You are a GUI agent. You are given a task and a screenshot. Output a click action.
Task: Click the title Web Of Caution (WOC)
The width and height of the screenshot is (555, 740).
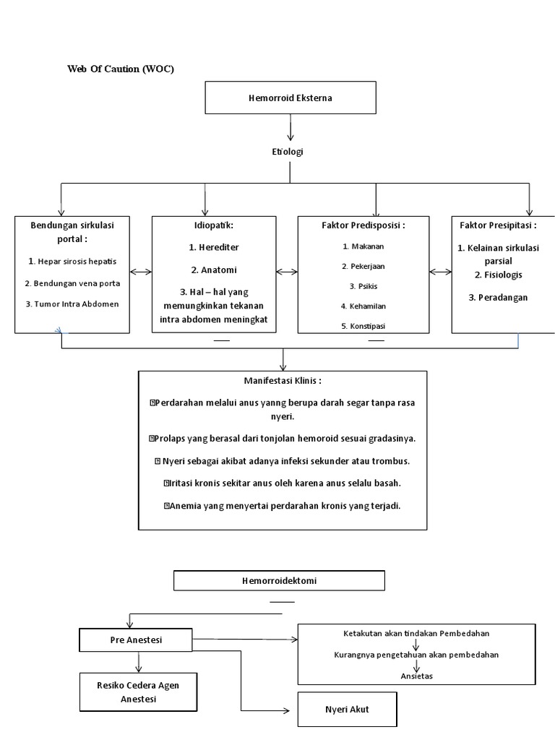(x=121, y=69)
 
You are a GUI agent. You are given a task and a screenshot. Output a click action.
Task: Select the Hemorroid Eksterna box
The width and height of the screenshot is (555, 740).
(x=291, y=98)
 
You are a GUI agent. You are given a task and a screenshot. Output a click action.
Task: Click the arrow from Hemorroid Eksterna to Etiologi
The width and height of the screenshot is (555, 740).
(x=291, y=127)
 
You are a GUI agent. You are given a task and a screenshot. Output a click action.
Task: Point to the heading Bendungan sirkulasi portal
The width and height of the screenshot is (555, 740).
(x=72, y=231)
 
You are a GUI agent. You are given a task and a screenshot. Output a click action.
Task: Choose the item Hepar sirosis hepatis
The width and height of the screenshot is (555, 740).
(x=72, y=261)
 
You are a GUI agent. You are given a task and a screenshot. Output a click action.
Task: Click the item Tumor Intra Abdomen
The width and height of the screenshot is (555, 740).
(x=72, y=304)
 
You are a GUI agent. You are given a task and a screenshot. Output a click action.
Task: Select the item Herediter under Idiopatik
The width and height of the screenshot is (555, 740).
(x=214, y=247)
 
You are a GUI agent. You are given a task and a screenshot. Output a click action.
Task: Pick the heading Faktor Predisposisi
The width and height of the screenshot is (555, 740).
(x=363, y=225)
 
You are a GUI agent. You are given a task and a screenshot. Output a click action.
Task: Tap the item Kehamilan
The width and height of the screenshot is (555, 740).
(x=363, y=306)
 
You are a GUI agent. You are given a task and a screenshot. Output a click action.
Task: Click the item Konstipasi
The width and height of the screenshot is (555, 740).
(x=363, y=326)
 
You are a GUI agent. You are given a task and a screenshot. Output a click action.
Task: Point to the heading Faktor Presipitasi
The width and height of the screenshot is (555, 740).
(x=498, y=225)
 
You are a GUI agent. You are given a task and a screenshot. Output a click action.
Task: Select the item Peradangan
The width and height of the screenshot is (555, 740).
(x=498, y=297)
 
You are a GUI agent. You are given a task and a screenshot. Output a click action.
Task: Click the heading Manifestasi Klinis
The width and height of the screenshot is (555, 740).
(x=283, y=381)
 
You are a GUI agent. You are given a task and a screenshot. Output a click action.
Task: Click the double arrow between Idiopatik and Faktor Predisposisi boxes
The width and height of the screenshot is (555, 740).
(x=287, y=272)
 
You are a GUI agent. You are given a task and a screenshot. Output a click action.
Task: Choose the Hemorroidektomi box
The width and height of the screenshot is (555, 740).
(x=279, y=580)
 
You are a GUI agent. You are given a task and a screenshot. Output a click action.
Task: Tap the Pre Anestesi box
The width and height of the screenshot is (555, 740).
(x=136, y=639)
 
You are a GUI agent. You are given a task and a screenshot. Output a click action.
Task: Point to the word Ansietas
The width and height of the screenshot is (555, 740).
(x=417, y=676)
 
